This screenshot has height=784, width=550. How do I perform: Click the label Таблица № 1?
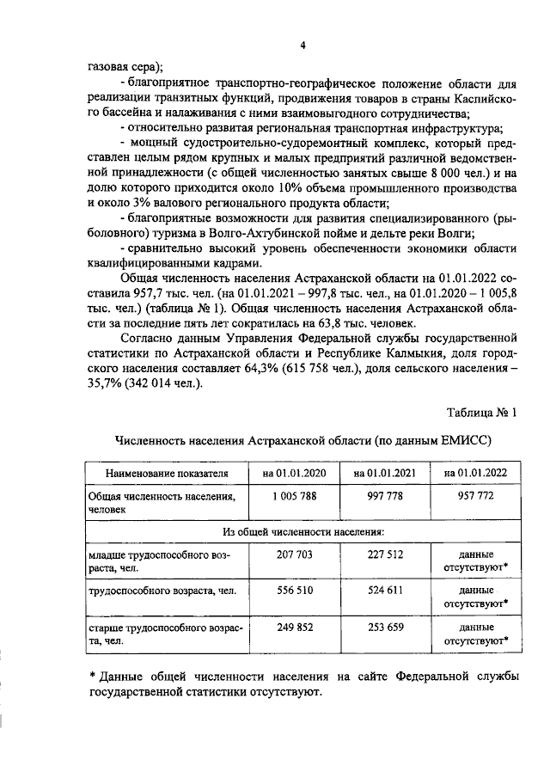(482, 413)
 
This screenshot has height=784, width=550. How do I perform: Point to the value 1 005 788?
(284, 496)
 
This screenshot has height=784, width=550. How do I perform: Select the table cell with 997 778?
(378, 496)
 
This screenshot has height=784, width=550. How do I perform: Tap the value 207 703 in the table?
(284, 555)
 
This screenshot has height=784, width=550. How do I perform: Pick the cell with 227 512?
(378, 555)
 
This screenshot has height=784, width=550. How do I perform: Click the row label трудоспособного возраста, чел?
(157, 591)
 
